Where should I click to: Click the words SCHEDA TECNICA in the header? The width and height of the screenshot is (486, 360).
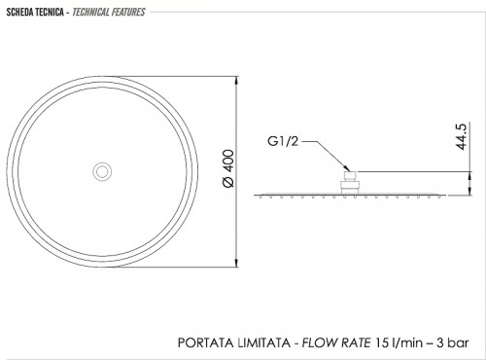pyautogui.click(x=35, y=13)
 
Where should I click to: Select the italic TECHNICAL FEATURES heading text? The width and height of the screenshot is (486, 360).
pyautogui.click(x=109, y=13)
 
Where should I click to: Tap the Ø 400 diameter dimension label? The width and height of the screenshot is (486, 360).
pyautogui.click(x=228, y=168)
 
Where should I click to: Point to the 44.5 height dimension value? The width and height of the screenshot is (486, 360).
pyautogui.click(x=462, y=136)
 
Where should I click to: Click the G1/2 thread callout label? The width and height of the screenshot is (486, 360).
pyautogui.click(x=283, y=141)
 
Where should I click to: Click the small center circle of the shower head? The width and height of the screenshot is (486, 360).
pyautogui.click(x=102, y=171)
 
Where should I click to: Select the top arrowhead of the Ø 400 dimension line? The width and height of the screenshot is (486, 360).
pyautogui.click(x=237, y=81)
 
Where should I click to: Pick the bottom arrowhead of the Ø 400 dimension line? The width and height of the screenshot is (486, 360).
pyautogui.click(x=237, y=262)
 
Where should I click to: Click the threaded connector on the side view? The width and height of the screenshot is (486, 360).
pyautogui.click(x=350, y=183)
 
